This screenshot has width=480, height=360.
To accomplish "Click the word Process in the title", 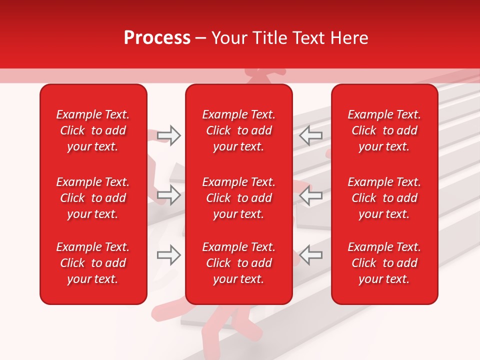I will point(157,38).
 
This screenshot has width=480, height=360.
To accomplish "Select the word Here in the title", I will point(349,38).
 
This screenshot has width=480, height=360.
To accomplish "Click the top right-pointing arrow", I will point(169,135).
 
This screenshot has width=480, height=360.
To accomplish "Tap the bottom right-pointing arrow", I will point(169,255).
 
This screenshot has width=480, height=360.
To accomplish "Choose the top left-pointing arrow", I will point(310,135).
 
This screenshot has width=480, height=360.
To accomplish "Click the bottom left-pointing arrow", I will point(310,255).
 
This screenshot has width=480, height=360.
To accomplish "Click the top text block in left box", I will point(93,130).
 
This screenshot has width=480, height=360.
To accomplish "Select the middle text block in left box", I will point(93,198).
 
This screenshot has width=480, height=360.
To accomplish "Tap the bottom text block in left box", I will point(93,263).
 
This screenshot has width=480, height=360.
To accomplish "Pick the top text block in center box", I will point(239,130).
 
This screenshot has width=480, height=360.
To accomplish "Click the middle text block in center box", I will point(239,198).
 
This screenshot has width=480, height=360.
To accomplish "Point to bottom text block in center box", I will point(239,263).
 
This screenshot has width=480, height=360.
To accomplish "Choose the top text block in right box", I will point(384,130).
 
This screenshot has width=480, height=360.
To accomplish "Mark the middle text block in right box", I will point(384,198).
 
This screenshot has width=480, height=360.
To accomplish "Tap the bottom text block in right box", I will point(384,263).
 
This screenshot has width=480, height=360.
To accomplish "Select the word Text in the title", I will point(311,38).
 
